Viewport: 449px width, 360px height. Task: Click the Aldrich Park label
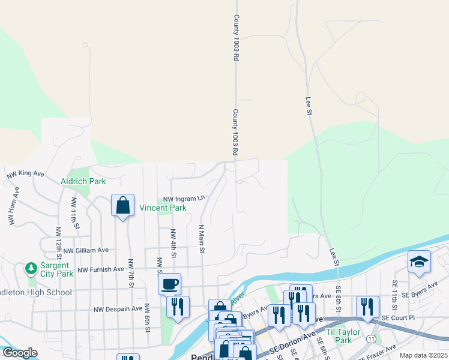click(x=83, y=181)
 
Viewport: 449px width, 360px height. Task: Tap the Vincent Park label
click(x=163, y=208)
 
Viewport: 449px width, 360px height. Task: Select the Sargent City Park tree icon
click(x=31, y=267)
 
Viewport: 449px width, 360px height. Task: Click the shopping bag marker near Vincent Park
click(x=122, y=205)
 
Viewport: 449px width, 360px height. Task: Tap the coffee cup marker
click(x=170, y=283)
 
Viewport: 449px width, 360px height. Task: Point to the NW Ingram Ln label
click(x=185, y=198)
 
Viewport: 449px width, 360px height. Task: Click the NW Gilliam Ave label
click(x=86, y=250)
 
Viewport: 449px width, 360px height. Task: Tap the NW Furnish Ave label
click(x=100, y=269)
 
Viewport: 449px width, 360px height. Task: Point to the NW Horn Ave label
click(x=13, y=206)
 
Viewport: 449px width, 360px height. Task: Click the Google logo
click(x=20, y=353)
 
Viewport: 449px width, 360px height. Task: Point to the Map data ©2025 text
click(x=424, y=355)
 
